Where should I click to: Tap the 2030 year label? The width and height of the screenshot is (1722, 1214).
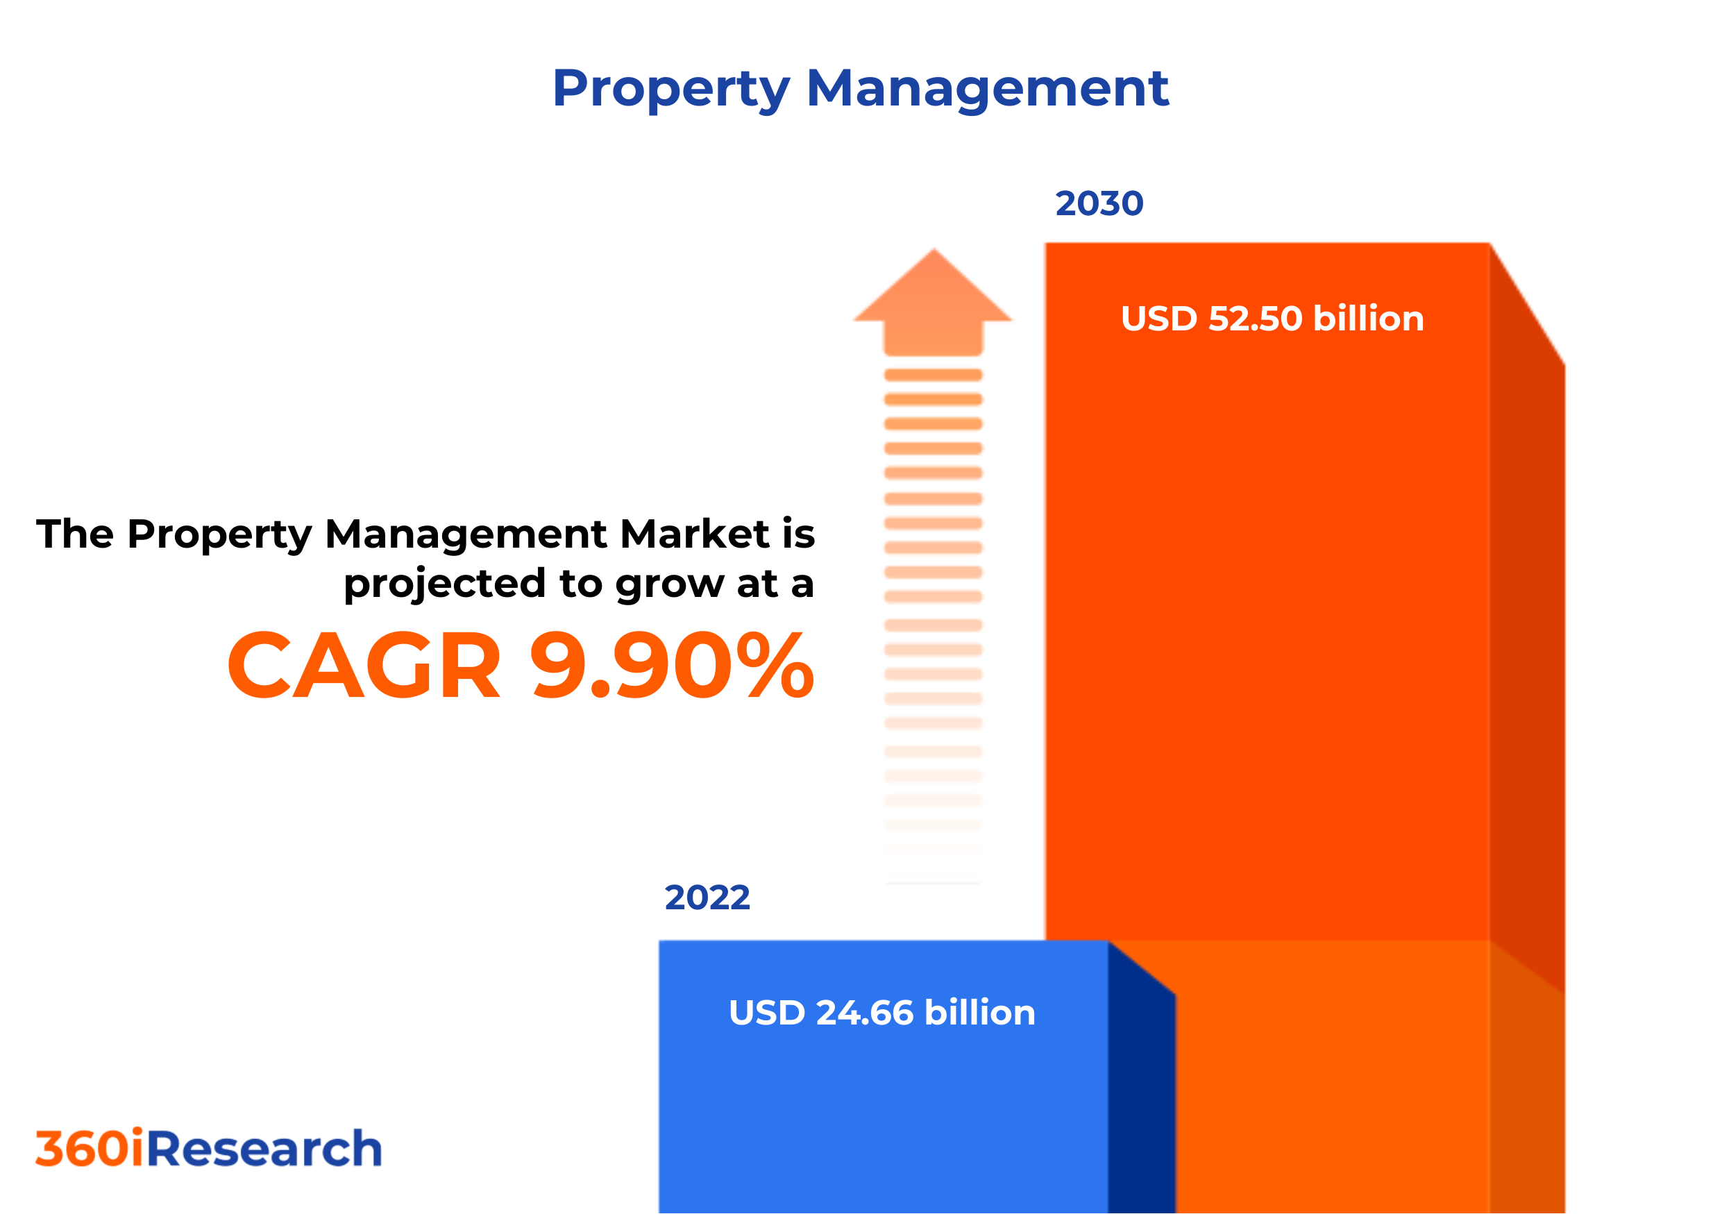tap(1099, 204)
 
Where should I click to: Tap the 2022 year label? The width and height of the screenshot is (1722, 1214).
tap(707, 898)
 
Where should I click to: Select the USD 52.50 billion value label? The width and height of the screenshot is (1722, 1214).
tap(1272, 319)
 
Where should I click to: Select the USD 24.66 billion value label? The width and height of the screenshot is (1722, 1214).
tap(882, 1013)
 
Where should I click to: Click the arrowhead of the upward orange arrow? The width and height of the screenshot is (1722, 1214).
tap(933, 292)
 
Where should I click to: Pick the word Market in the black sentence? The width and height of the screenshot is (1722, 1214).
tap(695, 534)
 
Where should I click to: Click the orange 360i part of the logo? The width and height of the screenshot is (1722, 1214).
tap(90, 1149)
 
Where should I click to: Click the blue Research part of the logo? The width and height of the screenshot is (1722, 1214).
tap(264, 1149)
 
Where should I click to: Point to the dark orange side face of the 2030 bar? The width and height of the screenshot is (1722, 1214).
tap(1526, 600)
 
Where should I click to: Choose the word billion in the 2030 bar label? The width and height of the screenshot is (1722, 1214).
tap(1368, 319)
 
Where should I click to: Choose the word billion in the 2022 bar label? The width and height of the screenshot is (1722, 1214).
tap(979, 1013)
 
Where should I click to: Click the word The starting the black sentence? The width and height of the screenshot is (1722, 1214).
tap(75, 534)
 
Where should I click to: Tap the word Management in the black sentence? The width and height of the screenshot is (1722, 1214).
tap(466, 534)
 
